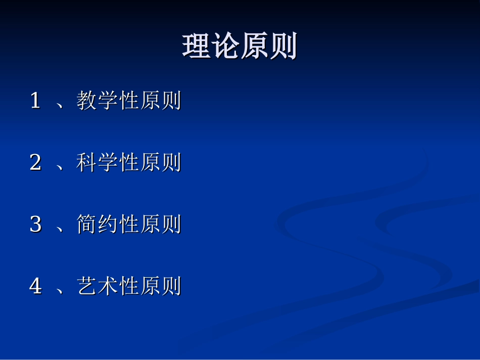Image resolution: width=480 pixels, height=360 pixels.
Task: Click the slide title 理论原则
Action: tap(239, 47)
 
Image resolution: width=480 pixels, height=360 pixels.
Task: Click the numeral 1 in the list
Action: tap(35, 100)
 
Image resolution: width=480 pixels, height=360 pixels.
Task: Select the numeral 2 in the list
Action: tap(35, 163)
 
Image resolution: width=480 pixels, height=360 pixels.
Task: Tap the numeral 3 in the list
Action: tap(35, 224)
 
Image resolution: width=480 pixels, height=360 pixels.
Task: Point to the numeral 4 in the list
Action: tap(35, 286)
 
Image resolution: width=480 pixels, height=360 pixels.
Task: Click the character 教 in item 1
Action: tap(87, 100)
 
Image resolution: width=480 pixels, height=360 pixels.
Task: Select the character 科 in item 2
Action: tap(87, 163)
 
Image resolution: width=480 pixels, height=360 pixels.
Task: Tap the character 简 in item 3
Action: tap(87, 224)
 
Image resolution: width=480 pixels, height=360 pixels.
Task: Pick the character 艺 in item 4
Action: tap(87, 286)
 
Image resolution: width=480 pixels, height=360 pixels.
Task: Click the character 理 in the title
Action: tap(196, 47)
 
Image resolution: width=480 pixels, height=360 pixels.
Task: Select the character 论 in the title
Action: tap(225, 47)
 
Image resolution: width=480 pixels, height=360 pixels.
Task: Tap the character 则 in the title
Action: tap(283, 47)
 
